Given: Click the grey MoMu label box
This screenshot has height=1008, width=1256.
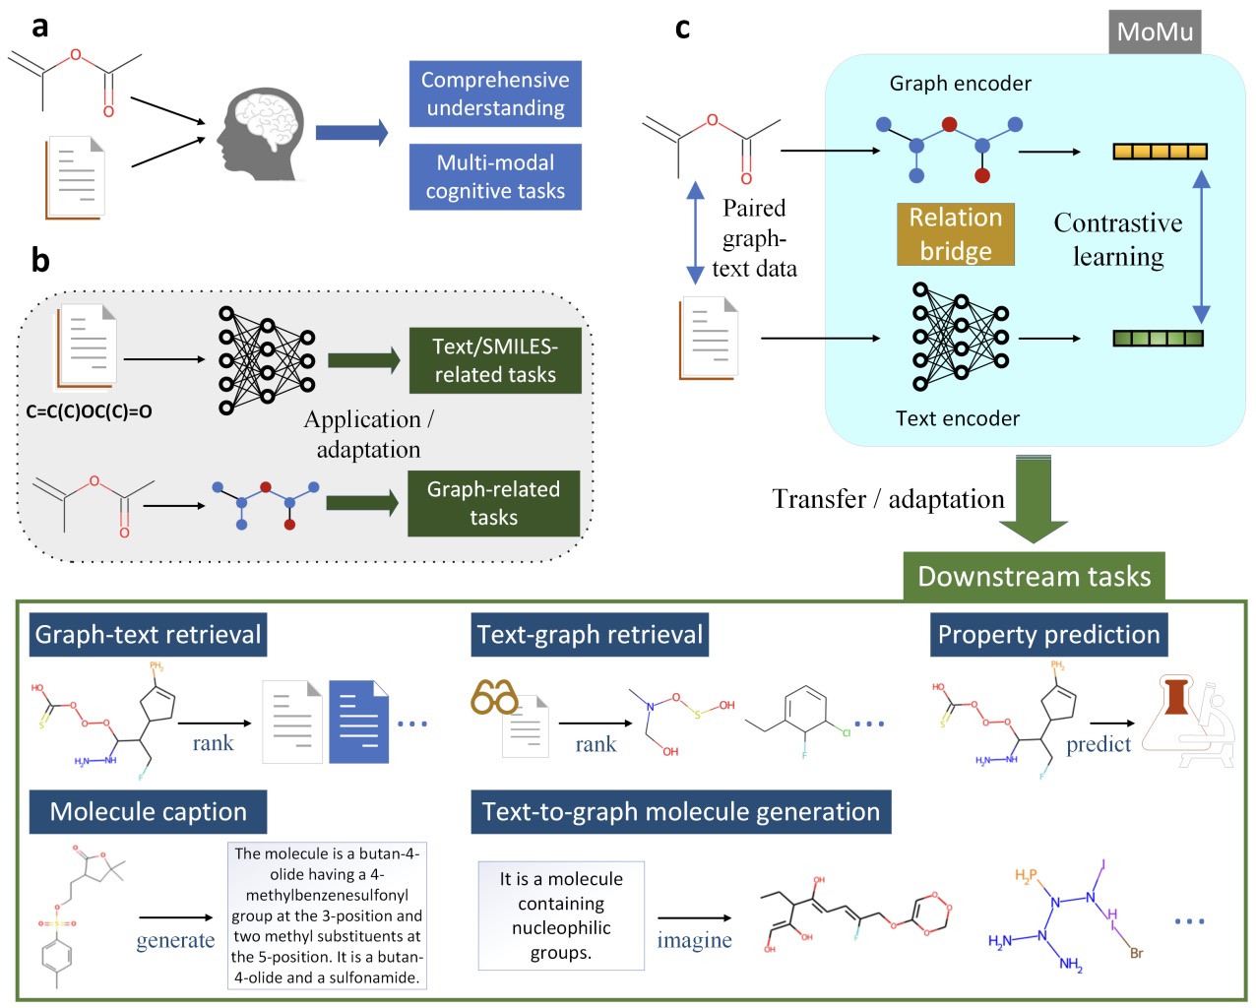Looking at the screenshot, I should [x=1155, y=32].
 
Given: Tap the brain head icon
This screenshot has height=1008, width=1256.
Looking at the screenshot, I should [x=259, y=134].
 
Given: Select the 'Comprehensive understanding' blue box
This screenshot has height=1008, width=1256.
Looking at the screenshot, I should [x=495, y=94].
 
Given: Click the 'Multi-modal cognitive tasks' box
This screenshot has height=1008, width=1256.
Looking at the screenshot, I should [x=495, y=177].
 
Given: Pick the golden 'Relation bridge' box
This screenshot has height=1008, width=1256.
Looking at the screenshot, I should [x=955, y=234].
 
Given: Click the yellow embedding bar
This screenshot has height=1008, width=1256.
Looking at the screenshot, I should [x=1160, y=152].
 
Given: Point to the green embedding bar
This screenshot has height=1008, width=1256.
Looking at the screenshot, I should [x=1158, y=339].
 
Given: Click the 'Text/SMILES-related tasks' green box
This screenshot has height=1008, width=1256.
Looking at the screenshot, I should [x=495, y=360].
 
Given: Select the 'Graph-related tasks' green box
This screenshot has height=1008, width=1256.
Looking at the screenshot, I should [x=493, y=503].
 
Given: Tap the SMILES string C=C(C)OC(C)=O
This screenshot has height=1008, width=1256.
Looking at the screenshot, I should [x=89, y=411].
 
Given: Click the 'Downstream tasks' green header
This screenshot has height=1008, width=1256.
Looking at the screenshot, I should [x=1034, y=576].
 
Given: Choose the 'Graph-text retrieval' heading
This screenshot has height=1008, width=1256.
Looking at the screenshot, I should [x=148, y=635].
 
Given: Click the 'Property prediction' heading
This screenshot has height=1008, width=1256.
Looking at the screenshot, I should [x=1048, y=635].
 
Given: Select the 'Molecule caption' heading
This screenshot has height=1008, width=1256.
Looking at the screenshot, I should [x=148, y=812].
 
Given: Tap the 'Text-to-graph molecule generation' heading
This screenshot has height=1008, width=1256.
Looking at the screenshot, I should [x=680, y=812].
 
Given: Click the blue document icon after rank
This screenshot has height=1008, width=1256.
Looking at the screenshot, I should [x=358, y=722].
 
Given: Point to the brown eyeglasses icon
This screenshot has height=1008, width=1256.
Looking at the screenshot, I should [x=494, y=697].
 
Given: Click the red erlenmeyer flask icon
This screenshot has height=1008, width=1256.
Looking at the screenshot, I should [x=1176, y=696].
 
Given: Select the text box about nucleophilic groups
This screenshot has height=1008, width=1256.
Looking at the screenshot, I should [x=561, y=915].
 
